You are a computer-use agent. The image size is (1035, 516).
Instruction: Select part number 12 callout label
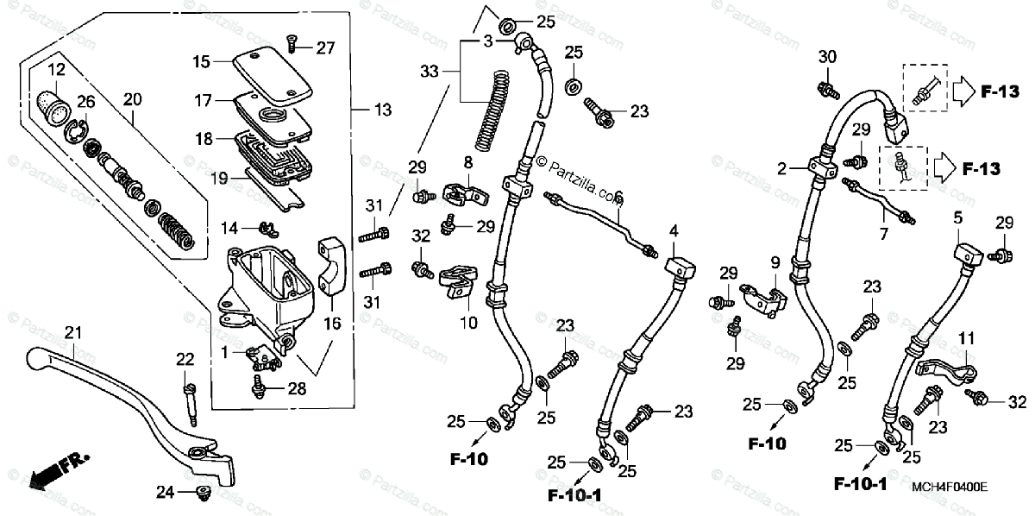coord(56,68)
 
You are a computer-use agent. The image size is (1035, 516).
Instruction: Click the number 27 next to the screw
coord(324,47)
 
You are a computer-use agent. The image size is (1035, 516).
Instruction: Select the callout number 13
coord(382,110)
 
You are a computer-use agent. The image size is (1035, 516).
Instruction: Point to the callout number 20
coord(132,100)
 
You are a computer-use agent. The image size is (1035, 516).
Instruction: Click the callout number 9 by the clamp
coord(775,262)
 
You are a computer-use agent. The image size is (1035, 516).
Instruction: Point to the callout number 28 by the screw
coord(297,389)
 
